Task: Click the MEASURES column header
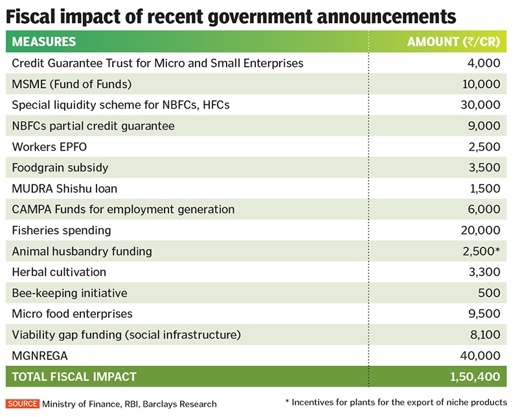pos(44,43)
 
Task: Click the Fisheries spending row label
pos(62,231)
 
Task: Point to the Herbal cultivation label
pos(59,272)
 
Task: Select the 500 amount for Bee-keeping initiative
pos(490,293)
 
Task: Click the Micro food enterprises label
pos(72,313)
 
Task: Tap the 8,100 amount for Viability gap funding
pos(483,335)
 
